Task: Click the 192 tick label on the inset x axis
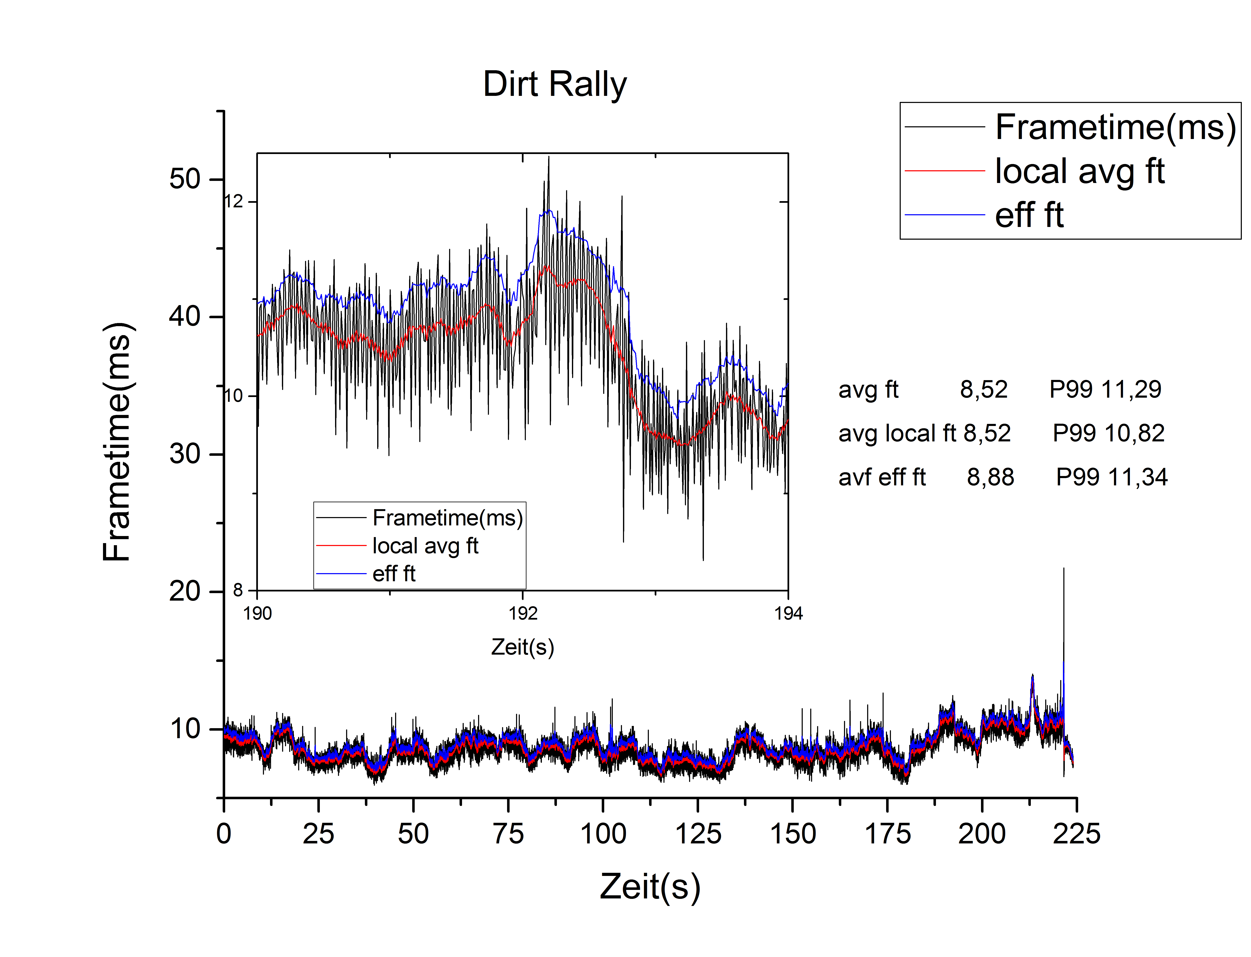click(523, 614)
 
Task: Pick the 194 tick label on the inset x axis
click(788, 614)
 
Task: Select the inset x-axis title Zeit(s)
click(523, 647)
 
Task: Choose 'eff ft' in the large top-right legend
click(1029, 215)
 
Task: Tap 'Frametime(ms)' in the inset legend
click(447, 518)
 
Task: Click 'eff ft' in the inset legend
click(394, 574)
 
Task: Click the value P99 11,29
click(1105, 390)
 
